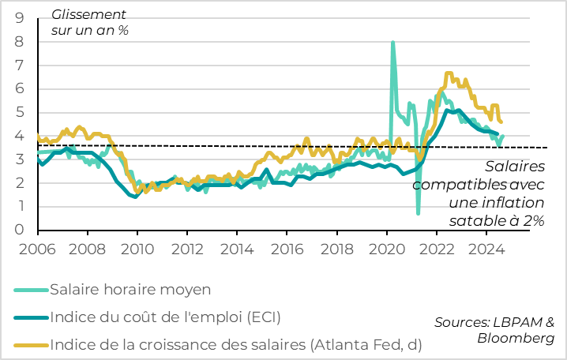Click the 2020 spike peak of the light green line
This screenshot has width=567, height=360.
point(393,43)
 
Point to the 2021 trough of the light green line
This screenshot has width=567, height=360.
point(418,213)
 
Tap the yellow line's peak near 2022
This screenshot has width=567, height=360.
point(449,73)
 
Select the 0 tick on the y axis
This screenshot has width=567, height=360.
point(18,230)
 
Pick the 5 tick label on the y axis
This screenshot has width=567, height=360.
point(18,112)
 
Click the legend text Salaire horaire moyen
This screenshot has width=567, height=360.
point(130,290)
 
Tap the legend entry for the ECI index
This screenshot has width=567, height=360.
point(164,318)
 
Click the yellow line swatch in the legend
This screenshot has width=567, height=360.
point(30,345)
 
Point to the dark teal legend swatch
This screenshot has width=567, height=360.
point(30,318)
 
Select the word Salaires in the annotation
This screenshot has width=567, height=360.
point(514,167)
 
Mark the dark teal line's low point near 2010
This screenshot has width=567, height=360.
point(136,197)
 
